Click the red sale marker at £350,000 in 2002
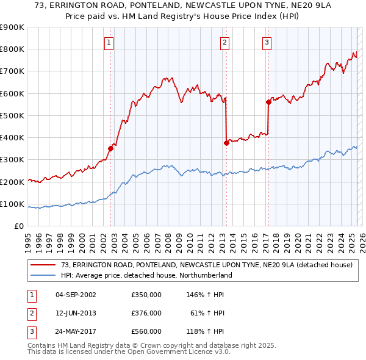(111, 148)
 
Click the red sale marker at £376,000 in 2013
(226, 143)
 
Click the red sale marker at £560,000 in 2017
(268, 102)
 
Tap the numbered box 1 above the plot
(109, 42)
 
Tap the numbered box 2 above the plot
(224, 42)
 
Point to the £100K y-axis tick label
(12, 204)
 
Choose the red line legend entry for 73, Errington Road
(207, 265)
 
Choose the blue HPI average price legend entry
(146, 275)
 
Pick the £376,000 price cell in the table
(146, 313)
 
